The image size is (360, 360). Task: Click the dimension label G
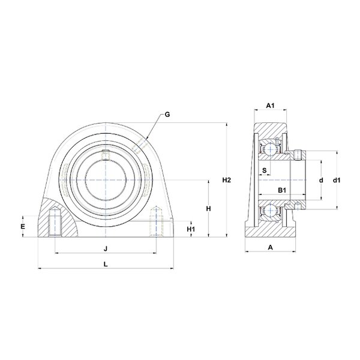tap(167, 114)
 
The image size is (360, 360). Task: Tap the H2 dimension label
tap(226, 180)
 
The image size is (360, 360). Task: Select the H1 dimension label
tap(191, 229)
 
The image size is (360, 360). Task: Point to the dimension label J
tap(106, 248)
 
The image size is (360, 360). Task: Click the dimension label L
tap(106, 264)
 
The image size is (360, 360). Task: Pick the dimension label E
tap(23, 227)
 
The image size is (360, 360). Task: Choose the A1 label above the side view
tap(270, 106)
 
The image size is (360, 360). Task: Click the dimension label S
tap(265, 170)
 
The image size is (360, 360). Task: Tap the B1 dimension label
tap(282, 190)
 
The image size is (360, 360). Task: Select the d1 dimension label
tap(337, 181)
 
